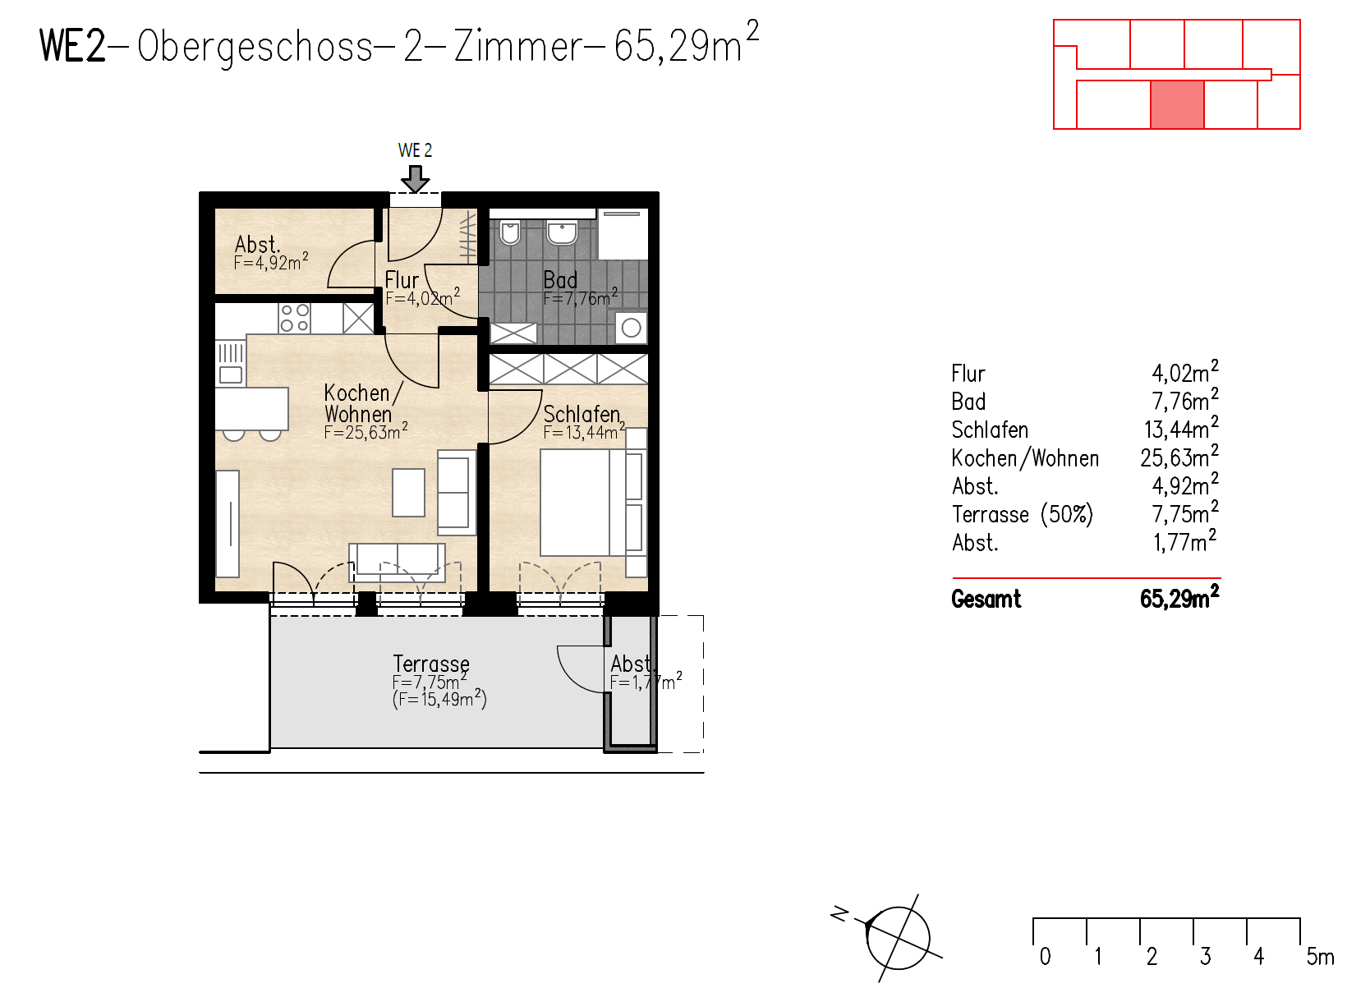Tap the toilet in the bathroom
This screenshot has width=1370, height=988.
point(510,233)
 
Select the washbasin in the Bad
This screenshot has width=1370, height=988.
point(563,232)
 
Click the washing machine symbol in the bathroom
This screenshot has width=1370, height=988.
point(631,328)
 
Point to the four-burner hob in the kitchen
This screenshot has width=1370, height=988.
point(294,318)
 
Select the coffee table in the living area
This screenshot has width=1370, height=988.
point(408,492)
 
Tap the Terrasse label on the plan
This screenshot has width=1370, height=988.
point(431,663)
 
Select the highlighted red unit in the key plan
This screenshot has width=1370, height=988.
point(1177,105)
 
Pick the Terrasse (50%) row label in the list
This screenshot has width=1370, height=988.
point(1022,514)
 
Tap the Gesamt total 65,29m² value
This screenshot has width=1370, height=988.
point(1179,599)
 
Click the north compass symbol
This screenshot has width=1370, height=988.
point(898,938)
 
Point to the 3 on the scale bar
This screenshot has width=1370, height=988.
point(1205,957)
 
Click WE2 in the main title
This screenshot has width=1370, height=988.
point(72,45)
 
